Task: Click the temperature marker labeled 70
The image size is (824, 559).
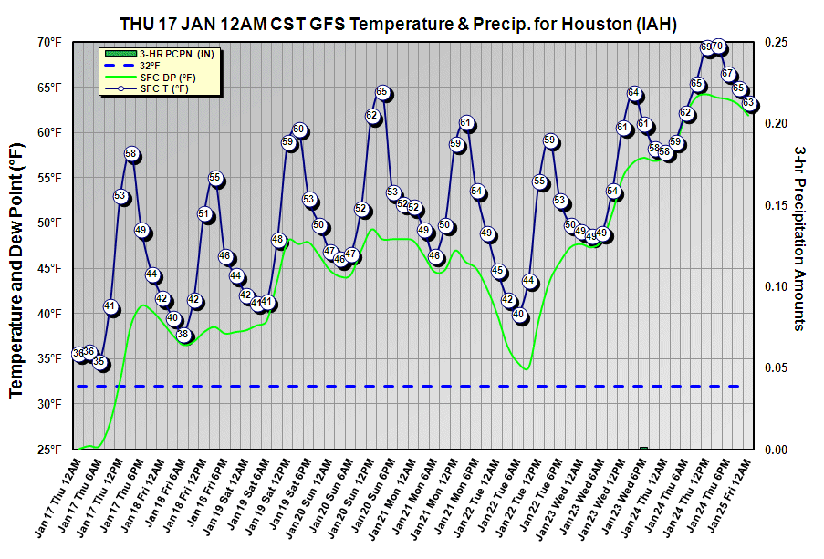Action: click(718, 47)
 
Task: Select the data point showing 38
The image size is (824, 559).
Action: click(183, 335)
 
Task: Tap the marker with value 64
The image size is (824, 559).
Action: click(634, 93)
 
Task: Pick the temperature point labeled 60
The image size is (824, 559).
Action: click(298, 129)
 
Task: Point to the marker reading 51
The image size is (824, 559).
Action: click(204, 214)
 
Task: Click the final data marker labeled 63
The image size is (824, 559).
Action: click(749, 102)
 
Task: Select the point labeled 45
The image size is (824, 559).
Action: click(498, 271)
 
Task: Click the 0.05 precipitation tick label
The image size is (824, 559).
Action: click(777, 367)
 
